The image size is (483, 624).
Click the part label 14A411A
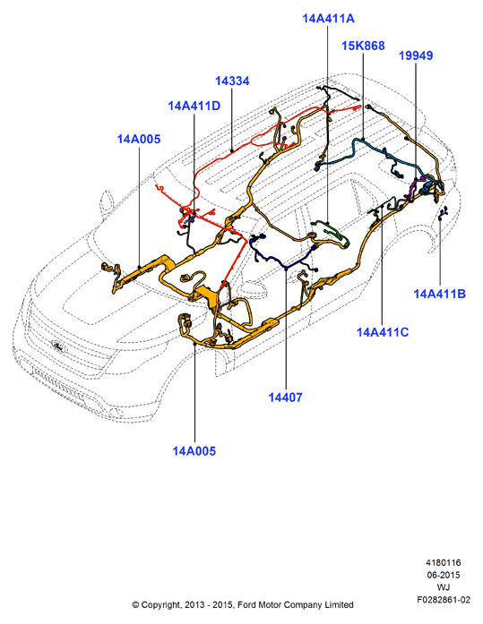[x=328, y=18]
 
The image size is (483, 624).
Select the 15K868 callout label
[x=363, y=46]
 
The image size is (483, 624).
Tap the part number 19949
[x=416, y=56]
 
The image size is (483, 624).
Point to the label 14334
[x=232, y=81]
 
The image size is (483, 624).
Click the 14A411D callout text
[x=194, y=106]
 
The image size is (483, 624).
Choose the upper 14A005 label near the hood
[x=139, y=140]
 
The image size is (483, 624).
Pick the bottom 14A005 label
[x=194, y=451]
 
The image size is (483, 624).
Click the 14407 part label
[x=286, y=397]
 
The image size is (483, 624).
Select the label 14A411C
[x=383, y=332]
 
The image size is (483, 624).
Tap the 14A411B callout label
[x=439, y=294]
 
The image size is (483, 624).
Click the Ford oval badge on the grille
[x=58, y=346]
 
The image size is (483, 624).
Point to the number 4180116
[x=444, y=563]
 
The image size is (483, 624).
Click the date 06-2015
[x=444, y=575]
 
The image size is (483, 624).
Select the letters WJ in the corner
[x=444, y=587]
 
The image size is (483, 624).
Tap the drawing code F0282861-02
[x=444, y=600]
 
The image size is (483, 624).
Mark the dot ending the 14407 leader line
[x=286, y=269]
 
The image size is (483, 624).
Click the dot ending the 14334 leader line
[x=232, y=150]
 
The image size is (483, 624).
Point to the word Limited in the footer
[x=339, y=605]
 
